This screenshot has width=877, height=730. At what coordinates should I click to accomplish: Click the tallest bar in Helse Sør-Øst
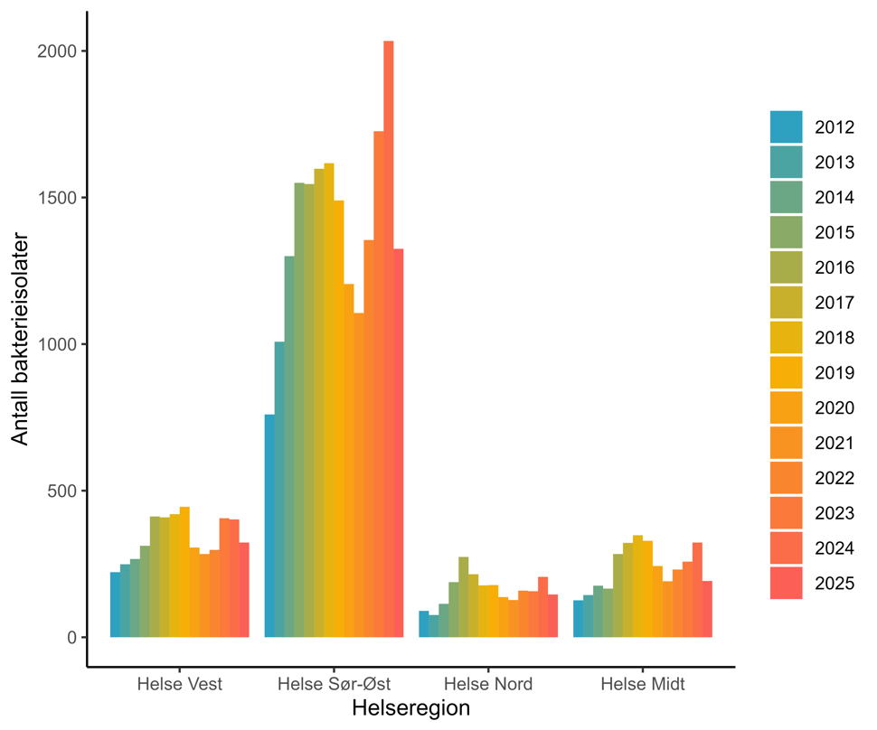point(389,339)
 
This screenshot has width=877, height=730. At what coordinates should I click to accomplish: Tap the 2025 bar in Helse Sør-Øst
point(399,443)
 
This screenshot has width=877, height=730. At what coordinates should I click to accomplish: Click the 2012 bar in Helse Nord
point(424,624)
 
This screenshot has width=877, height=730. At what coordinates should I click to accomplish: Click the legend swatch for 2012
point(786,126)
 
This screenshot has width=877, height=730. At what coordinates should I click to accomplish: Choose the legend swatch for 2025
point(786,583)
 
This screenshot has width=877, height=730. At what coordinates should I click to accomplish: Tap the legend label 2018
point(835,338)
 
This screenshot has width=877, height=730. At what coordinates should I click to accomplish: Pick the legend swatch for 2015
point(786,232)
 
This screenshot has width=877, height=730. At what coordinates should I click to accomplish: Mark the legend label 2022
point(835,478)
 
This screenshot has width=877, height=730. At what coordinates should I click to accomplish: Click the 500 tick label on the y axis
point(61,491)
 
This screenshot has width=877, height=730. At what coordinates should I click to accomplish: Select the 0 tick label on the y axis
point(71,637)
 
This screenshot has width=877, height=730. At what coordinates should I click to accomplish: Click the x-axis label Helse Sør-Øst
point(334,684)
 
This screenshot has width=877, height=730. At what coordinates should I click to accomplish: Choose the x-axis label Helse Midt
point(643,684)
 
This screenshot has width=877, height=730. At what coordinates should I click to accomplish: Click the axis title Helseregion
point(410,708)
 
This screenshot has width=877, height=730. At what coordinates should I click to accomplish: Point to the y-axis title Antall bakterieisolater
point(20,339)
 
